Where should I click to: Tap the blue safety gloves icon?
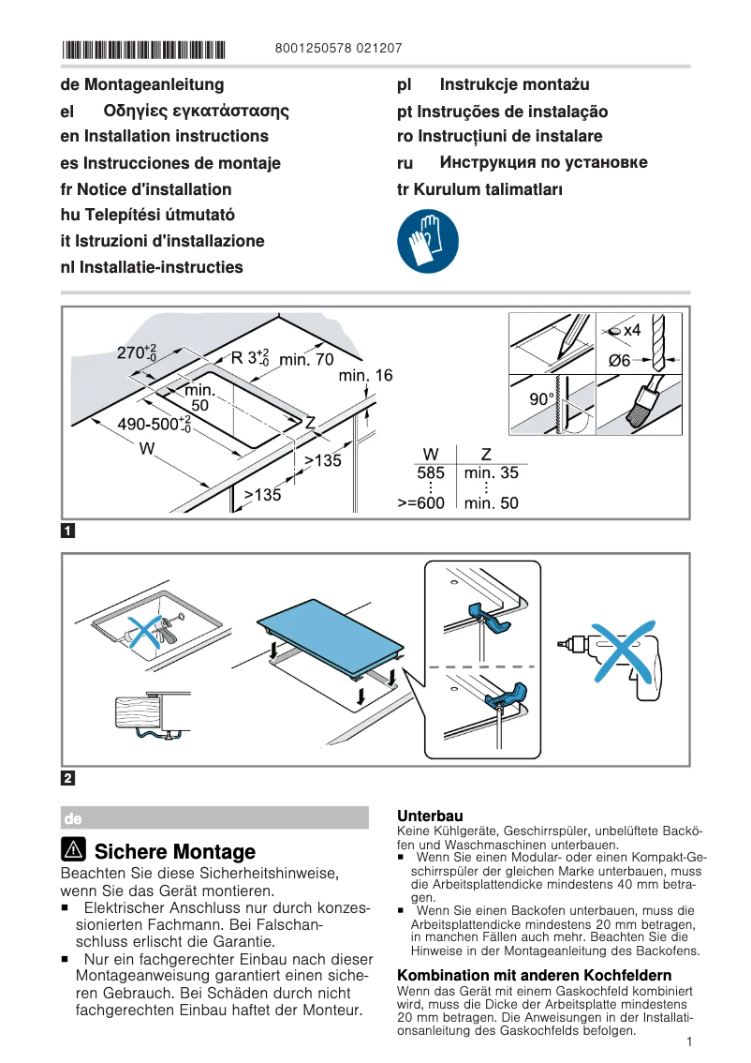[x=428, y=241]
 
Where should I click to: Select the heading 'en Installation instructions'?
[x=164, y=137]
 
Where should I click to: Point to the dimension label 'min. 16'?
[x=366, y=376]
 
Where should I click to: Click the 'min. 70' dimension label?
[x=305, y=358]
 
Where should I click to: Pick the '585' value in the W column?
[x=431, y=473]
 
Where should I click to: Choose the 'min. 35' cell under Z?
[x=491, y=473]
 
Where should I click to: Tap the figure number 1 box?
[x=67, y=531]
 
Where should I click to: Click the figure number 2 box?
[x=67, y=778]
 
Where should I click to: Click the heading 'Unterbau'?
[x=430, y=816]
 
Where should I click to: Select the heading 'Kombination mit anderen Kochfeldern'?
[x=534, y=975]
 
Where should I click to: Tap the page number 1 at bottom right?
[x=688, y=1041]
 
